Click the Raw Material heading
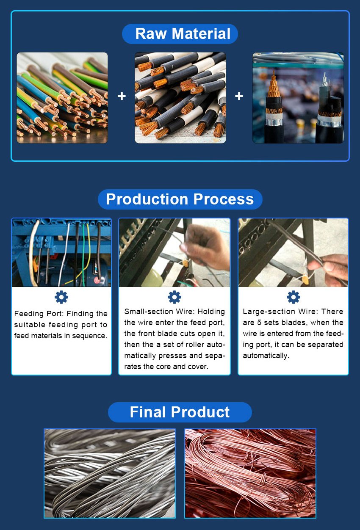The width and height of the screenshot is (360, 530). (183, 33)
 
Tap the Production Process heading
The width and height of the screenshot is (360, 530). (180, 199)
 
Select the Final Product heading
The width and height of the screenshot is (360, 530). (180, 412)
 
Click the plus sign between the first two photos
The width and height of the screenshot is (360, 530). (122, 96)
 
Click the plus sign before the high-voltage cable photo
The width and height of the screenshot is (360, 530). (239, 96)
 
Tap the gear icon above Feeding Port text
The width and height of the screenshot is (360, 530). (61, 297)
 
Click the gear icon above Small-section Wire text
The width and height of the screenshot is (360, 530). (174, 297)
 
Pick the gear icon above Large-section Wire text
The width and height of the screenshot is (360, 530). (294, 297)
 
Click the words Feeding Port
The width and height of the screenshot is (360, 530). (39, 314)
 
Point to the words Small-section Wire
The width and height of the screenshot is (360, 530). (160, 312)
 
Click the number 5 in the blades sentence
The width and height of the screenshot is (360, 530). (259, 323)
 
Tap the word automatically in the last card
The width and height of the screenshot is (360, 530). (266, 356)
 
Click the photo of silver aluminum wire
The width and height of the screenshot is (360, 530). (110, 473)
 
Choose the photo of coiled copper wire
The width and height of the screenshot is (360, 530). (250, 473)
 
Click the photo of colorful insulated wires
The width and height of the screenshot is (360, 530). (62, 98)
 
